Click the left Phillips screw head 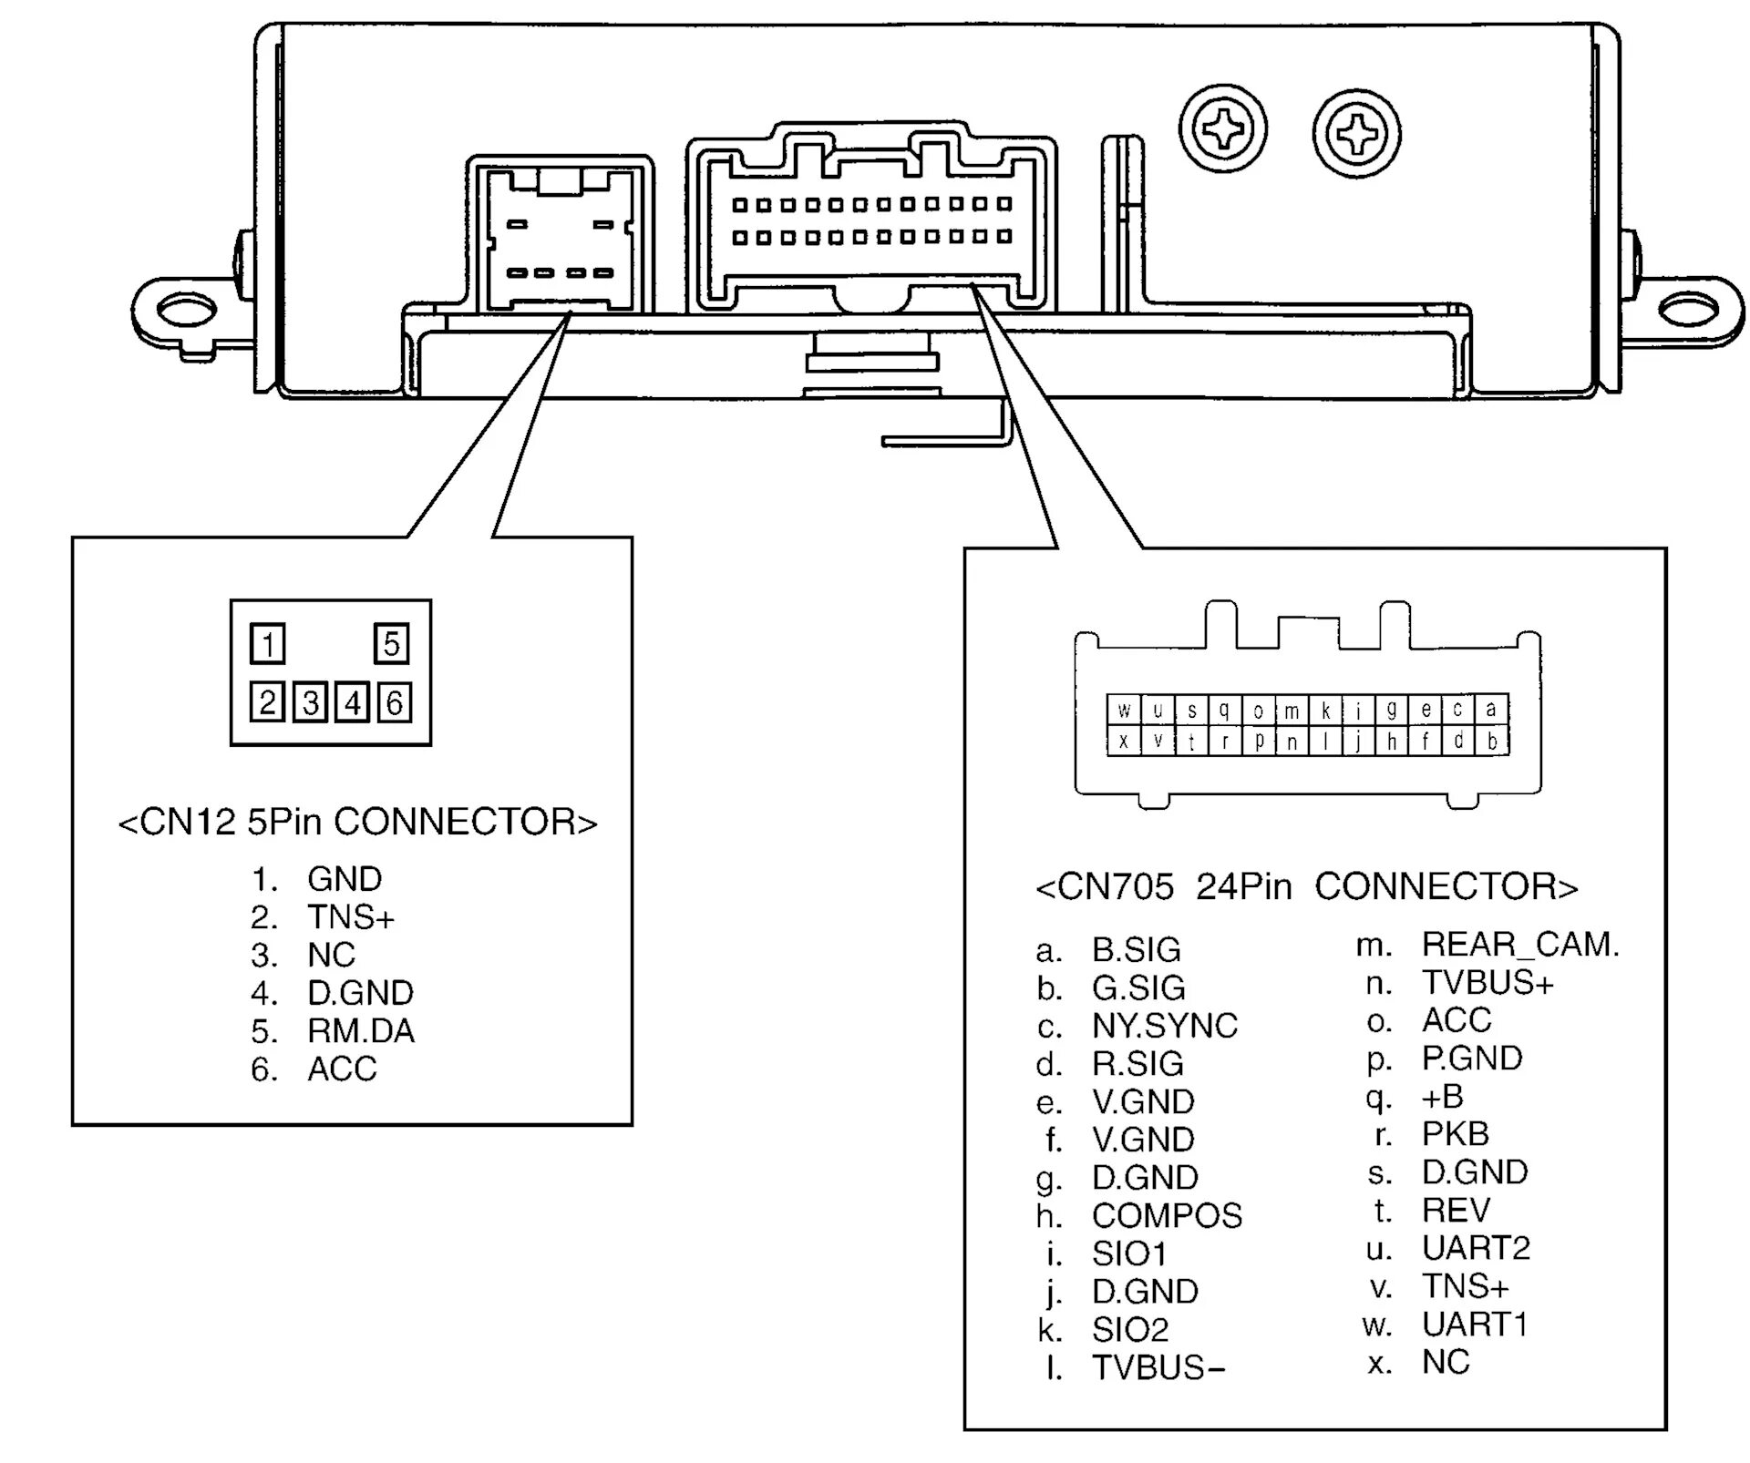[1222, 129]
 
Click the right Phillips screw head [1357, 135]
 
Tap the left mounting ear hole [188, 311]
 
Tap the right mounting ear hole [1687, 311]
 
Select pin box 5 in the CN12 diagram [392, 643]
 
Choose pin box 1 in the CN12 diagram [267, 643]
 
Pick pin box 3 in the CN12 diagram [311, 702]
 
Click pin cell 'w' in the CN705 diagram [1124, 710]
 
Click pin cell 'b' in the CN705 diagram [1492, 741]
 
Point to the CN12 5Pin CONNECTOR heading [358, 822]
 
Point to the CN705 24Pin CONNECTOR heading [1307, 886]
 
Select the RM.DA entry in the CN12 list [361, 1030]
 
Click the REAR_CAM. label [1520, 945]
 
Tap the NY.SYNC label [1165, 1026]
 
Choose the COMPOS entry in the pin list [1167, 1215]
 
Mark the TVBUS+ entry [1487, 983]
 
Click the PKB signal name [1456, 1134]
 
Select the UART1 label [1475, 1324]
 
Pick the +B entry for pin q [1442, 1096]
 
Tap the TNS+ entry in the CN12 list [351, 916]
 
